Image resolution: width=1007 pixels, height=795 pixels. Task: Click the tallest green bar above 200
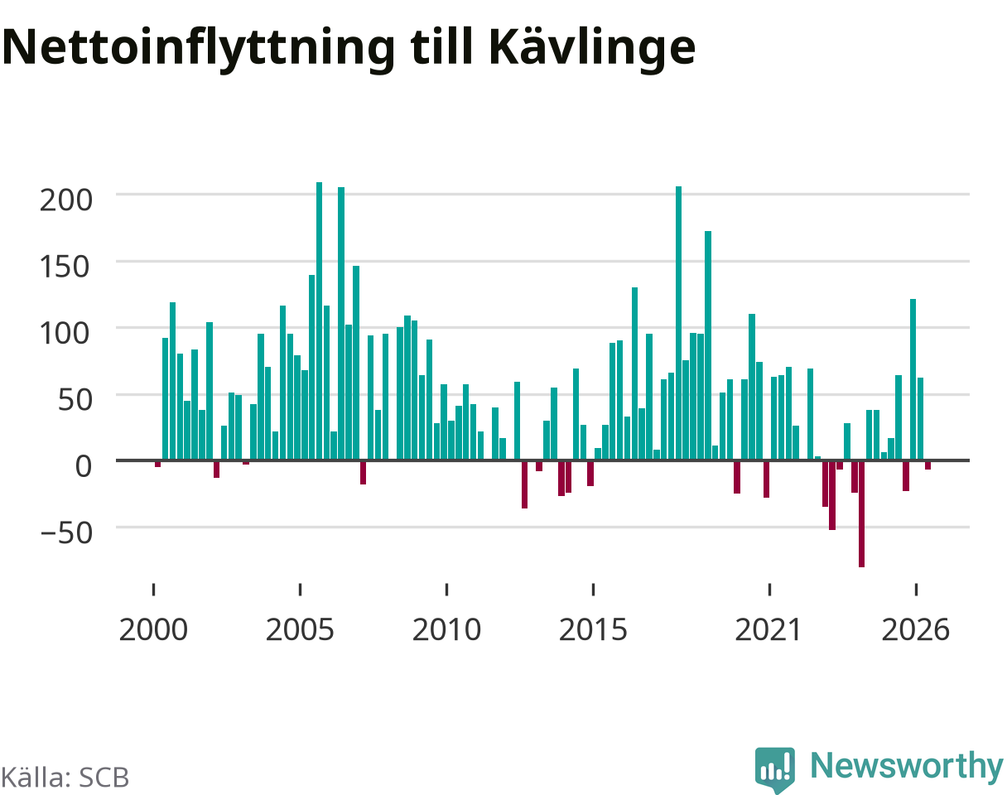[319, 321]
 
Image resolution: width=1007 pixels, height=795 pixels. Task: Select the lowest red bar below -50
[861, 513]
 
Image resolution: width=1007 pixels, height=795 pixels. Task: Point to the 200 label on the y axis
[66, 200]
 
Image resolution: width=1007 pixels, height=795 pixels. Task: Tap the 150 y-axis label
[65, 267]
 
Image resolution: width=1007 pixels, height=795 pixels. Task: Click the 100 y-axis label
[65, 334]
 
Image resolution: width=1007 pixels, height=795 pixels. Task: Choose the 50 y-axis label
[75, 401]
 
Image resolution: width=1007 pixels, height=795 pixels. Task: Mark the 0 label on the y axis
[84, 466]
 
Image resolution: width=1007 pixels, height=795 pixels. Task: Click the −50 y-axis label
[67, 533]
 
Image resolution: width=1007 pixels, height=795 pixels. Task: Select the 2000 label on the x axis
[153, 630]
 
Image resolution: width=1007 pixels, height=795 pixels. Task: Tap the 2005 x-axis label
[300, 630]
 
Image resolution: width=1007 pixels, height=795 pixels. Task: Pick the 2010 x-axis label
[447, 630]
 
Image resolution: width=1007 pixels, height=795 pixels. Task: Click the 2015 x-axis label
[593, 630]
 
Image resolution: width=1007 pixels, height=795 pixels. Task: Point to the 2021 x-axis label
[769, 630]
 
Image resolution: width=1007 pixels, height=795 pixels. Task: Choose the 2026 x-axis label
[916, 630]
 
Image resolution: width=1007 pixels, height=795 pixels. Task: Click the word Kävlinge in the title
[592, 48]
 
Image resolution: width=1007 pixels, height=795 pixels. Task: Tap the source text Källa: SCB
[65, 778]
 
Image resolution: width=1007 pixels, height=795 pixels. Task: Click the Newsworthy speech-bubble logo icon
[775, 768]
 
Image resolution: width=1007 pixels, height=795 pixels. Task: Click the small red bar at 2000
[157, 465]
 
